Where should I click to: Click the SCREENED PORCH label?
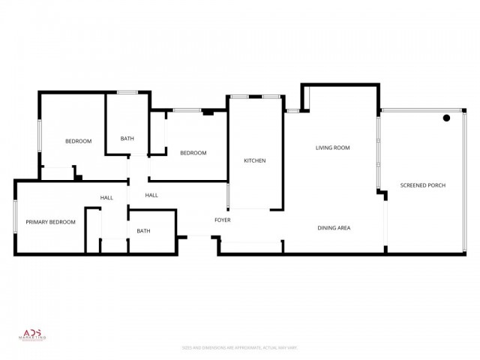pyautogui.click(x=423, y=185)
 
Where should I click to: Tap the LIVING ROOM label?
pyautogui.click(x=332, y=148)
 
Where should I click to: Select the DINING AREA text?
pyautogui.click(x=334, y=228)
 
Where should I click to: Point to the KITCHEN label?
pyautogui.click(x=255, y=160)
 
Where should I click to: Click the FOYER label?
pyautogui.click(x=223, y=220)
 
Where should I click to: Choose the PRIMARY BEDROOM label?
pyautogui.click(x=51, y=222)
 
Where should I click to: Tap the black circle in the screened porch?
pyautogui.click(x=446, y=118)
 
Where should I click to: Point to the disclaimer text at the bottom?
pyautogui.click(x=240, y=347)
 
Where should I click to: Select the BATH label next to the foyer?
pyautogui.click(x=143, y=231)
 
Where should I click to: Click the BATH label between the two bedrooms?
pyautogui.click(x=127, y=138)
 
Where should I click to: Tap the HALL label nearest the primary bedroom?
pyautogui.click(x=106, y=198)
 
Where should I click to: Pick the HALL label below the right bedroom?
pyautogui.click(x=151, y=195)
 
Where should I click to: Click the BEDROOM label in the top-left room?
pyautogui.click(x=78, y=141)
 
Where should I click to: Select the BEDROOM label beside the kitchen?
pyautogui.click(x=193, y=153)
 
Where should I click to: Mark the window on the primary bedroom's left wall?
pyautogui.click(x=15, y=217)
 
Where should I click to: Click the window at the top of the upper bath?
pyautogui.click(x=127, y=92)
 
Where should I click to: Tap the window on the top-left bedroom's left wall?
pyautogui.click(x=40, y=138)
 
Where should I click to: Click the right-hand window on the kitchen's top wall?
pyautogui.click(x=271, y=96)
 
